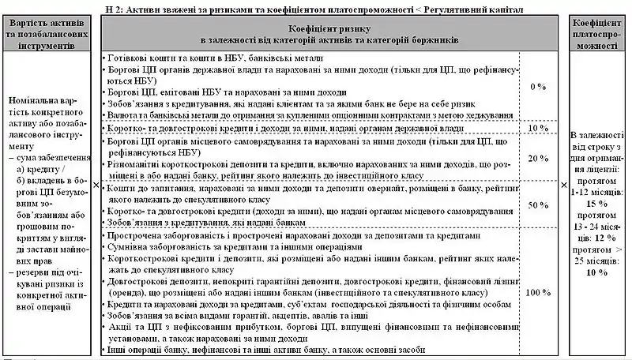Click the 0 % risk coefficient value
point(538,85)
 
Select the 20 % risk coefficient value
point(538,158)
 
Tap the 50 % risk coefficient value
point(538,204)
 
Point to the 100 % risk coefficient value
point(538,293)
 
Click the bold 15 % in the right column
point(597,203)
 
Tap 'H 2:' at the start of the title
point(115,7)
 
